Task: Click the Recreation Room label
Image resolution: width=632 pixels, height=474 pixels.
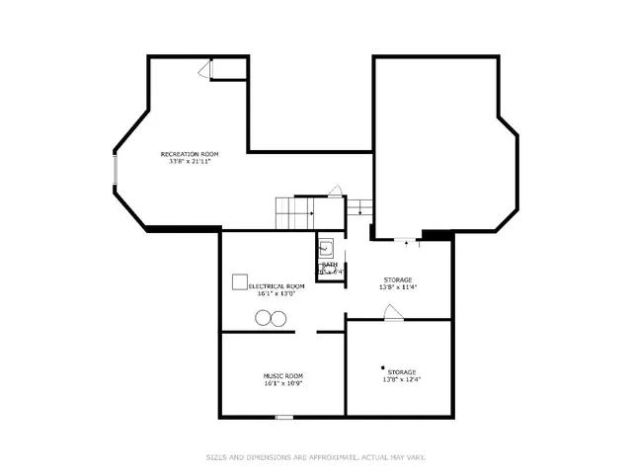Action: (x=190, y=154)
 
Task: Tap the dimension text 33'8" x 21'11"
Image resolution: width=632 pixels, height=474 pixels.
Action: (x=190, y=163)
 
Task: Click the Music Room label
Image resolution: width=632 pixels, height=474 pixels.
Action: (x=282, y=375)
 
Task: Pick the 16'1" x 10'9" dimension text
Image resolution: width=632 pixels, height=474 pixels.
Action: (x=282, y=383)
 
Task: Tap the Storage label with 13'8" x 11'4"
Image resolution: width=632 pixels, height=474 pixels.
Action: (x=398, y=279)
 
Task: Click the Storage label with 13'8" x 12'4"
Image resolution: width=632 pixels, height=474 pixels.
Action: (x=401, y=371)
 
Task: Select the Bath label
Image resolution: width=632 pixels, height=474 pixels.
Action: (x=330, y=265)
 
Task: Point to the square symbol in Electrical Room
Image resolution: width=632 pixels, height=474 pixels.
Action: (x=240, y=282)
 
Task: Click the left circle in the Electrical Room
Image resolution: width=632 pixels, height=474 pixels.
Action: (x=264, y=317)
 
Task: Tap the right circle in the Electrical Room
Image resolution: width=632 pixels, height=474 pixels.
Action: (x=278, y=317)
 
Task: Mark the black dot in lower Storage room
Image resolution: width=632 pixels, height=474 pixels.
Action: (x=383, y=367)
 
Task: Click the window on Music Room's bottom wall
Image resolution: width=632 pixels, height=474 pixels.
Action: (x=284, y=417)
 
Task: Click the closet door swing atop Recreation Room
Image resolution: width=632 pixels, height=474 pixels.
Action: (x=205, y=69)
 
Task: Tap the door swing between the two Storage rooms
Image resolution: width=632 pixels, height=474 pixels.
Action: (x=393, y=313)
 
